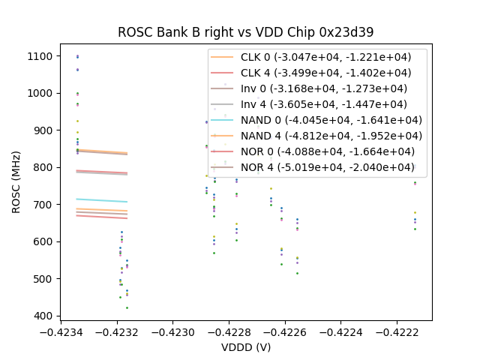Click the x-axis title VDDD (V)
(245, 347)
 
